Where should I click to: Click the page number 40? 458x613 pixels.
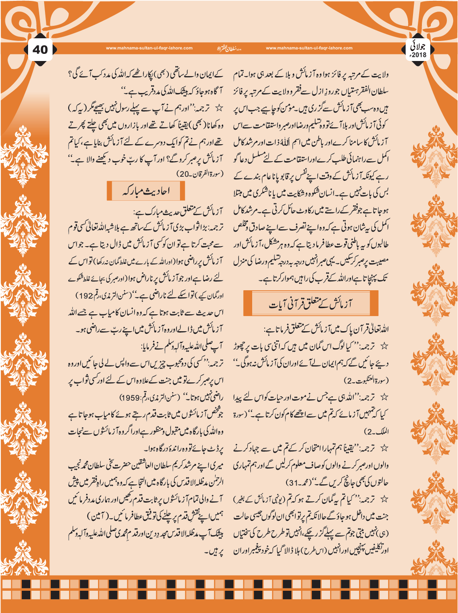click(40, 49)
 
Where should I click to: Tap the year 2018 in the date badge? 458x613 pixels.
click(419, 55)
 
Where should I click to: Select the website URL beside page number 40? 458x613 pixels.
click(149, 48)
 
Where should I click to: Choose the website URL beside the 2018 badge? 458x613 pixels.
click(309, 48)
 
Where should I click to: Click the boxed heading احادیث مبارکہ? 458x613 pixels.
click(146, 191)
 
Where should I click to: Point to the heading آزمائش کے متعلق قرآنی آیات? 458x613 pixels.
click(310, 304)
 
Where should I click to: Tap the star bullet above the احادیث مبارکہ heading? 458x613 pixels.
click(218, 108)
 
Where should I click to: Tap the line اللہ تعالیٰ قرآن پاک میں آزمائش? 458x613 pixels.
click(327, 330)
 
